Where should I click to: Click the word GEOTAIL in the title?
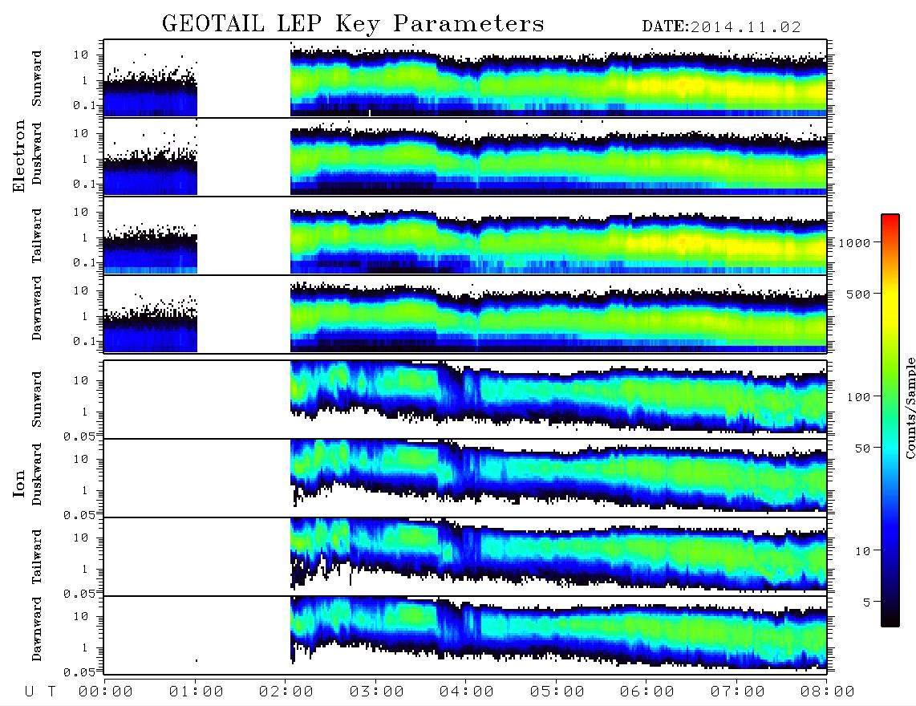click(213, 24)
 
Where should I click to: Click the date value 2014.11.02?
click(745, 27)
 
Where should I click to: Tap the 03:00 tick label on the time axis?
click(376, 692)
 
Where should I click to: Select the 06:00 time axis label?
click(647, 692)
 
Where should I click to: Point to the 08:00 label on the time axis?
click(827, 692)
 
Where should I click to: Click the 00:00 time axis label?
click(106, 692)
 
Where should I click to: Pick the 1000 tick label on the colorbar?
click(854, 243)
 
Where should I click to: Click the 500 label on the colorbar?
click(858, 294)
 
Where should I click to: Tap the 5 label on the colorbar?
click(866, 603)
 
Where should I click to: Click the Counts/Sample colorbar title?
click(910, 408)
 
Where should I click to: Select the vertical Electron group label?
click(18, 156)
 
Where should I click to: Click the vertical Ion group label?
click(18, 483)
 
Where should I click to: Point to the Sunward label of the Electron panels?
click(37, 79)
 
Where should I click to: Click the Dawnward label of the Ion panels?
click(37, 628)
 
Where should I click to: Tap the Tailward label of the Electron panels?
click(37, 236)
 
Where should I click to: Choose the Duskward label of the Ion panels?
click(37, 474)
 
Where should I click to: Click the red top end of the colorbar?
click(890, 217)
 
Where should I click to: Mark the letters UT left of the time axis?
click(40, 692)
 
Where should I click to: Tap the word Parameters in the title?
click(468, 24)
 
